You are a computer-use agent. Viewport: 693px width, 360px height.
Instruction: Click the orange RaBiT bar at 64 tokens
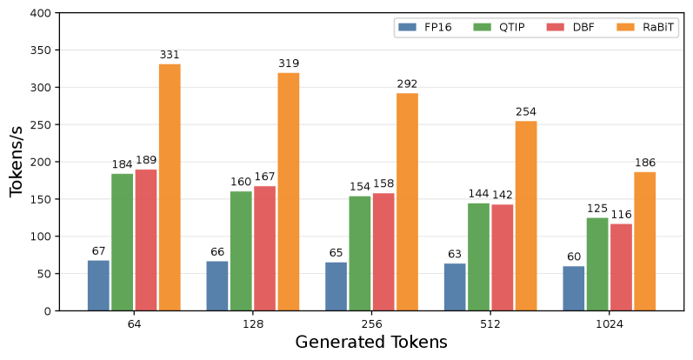point(170,187)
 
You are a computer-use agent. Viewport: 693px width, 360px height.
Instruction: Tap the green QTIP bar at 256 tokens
point(360,253)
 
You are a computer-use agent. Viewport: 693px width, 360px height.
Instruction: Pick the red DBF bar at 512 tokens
point(502,257)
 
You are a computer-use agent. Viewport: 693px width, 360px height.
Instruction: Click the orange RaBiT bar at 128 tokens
point(288,191)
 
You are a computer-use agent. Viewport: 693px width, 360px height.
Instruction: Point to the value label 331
point(170,56)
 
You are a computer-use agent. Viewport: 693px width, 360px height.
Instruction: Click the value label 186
point(644,163)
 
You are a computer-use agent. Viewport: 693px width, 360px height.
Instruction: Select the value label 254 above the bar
point(526,112)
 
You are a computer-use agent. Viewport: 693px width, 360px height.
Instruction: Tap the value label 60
point(574,257)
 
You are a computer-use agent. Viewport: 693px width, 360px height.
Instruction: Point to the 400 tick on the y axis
point(40,13)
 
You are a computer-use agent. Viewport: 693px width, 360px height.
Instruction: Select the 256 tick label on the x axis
point(371,323)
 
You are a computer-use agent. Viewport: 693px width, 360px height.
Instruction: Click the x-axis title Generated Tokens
point(371,342)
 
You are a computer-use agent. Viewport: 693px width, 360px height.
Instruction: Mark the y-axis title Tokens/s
point(17,162)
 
